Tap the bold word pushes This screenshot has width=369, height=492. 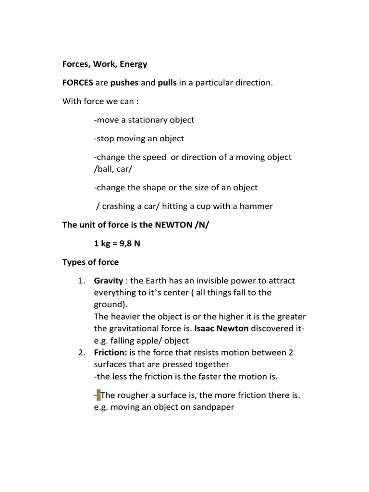pos(124,83)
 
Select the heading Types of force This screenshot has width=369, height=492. pos(91,262)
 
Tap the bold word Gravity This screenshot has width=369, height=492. pos(109,281)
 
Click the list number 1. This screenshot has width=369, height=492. pos(81,281)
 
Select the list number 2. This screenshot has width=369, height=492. pos(81,353)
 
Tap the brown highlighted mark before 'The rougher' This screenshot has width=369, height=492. pos(98,395)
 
